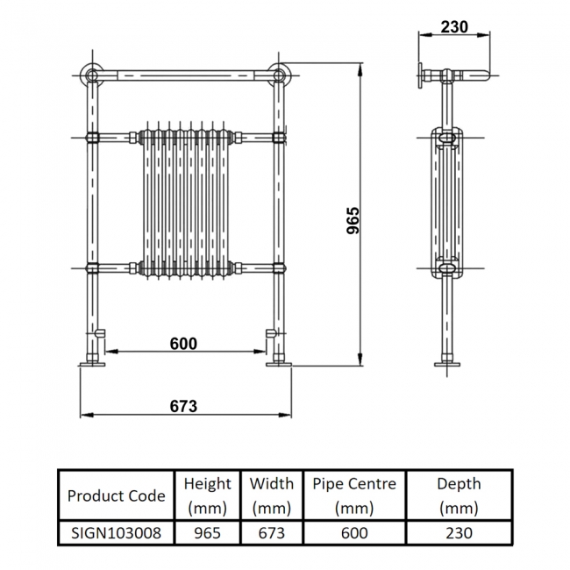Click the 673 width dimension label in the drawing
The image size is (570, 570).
[x=183, y=406]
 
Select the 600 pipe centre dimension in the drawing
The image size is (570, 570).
[x=183, y=344]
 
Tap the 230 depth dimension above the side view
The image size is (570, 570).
[x=453, y=26]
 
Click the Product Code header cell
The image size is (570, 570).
[x=116, y=495]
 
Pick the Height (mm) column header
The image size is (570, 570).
[x=207, y=495]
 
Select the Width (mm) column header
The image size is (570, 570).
[x=271, y=495]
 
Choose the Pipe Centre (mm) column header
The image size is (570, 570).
[x=354, y=495]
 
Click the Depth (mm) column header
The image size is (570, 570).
[x=460, y=495]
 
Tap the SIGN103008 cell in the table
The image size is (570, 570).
[x=116, y=532]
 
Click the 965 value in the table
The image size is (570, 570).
[x=207, y=532]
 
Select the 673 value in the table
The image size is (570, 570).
[x=271, y=532]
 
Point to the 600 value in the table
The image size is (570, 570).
[x=354, y=532]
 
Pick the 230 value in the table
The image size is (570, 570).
[x=460, y=532]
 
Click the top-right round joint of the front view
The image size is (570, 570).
[x=280, y=74]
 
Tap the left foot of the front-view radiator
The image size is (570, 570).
[x=92, y=361]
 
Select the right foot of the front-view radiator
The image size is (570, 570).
[x=279, y=361]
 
